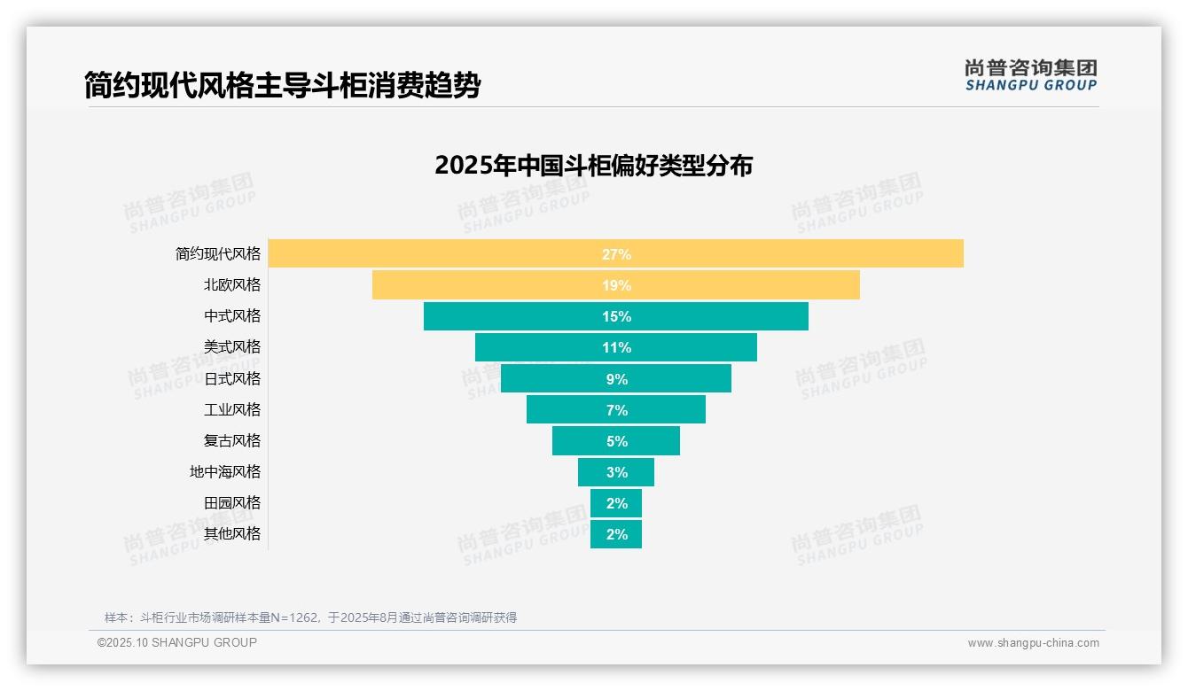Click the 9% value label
pos(616,379)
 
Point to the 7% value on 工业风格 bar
pos(616,410)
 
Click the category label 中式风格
pos(232,316)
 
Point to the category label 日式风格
pos(232,378)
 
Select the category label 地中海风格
pos(225,472)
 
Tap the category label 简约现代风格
pos(218,254)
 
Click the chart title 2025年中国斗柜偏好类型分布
pos(593,166)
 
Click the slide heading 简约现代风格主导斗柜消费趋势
pos(282,86)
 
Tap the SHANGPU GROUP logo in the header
pos(1030,75)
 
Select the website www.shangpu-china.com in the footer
pos(1033,643)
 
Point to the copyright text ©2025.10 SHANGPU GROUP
pos(177,642)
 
